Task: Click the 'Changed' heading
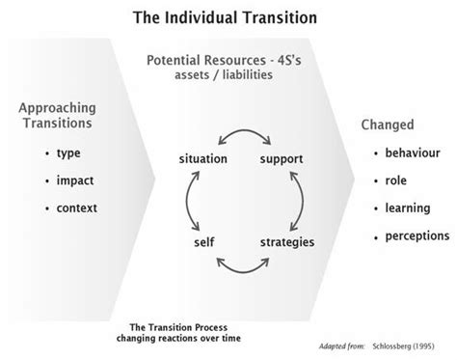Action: (387, 125)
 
